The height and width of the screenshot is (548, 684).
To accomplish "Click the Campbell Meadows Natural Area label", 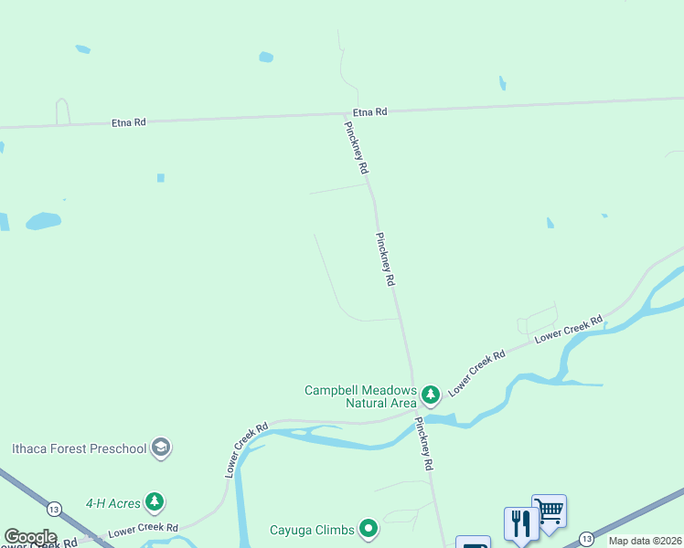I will pyautogui.click(x=360, y=396).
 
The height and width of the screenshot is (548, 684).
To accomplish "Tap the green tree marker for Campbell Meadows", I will pyautogui.click(x=431, y=395).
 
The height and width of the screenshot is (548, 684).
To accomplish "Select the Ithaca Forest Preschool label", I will pyautogui.click(x=79, y=448).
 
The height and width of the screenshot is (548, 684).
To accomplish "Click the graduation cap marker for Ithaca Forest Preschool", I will pyautogui.click(x=161, y=448).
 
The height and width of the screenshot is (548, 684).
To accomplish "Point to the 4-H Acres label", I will pyautogui.click(x=113, y=502).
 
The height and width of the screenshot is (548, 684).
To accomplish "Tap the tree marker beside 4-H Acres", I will pyautogui.click(x=155, y=501).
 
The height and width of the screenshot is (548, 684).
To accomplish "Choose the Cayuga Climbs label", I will pyautogui.click(x=311, y=529).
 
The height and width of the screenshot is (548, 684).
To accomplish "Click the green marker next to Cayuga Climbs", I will pyautogui.click(x=369, y=528).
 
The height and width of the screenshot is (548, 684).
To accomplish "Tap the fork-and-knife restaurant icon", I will pyautogui.click(x=520, y=523).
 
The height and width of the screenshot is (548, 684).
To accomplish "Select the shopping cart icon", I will pyautogui.click(x=549, y=511).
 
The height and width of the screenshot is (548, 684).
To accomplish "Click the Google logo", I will pyautogui.click(x=30, y=537).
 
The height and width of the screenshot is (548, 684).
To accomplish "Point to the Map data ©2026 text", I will pyautogui.click(x=645, y=541).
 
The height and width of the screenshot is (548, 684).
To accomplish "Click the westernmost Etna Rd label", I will pyautogui.click(x=129, y=121).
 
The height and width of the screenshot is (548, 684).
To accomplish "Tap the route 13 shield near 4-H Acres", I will pyautogui.click(x=54, y=509).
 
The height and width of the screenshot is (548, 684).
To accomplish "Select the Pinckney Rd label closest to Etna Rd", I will pyautogui.click(x=356, y=147).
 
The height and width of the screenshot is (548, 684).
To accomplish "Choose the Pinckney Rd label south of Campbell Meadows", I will pyautogui.click(x=422, y=444).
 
